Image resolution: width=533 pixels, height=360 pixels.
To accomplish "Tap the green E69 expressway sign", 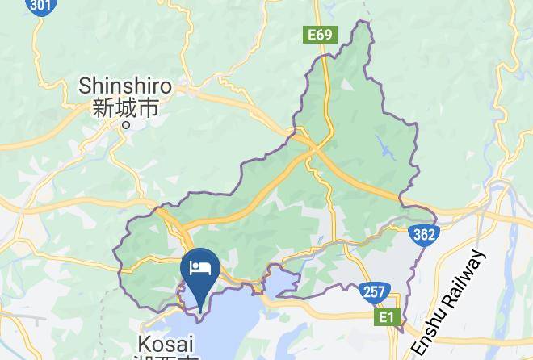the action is point(320,36).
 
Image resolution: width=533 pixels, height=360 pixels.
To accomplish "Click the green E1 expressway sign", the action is point(386,319).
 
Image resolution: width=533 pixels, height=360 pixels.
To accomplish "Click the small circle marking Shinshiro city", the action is point(124,125).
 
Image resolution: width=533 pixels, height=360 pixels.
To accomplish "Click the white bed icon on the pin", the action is point(199,266).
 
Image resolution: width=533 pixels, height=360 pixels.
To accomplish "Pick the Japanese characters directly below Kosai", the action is point(166,357).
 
